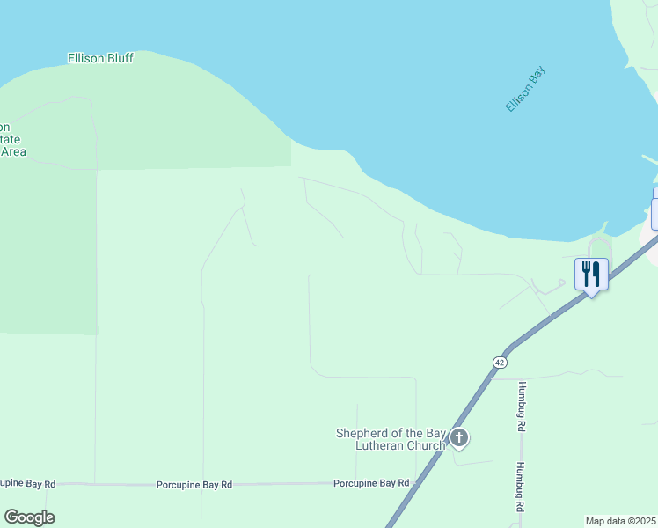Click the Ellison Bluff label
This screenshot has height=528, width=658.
coord(100,59)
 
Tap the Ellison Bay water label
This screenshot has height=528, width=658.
coord(525,92)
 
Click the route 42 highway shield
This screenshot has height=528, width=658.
coord(500,363)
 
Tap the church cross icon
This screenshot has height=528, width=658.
coord(458,436)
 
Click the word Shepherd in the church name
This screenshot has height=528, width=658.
coord(365,433)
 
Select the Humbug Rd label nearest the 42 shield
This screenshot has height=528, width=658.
coord(522,405)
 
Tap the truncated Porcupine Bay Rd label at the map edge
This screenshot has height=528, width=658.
coord(28,484)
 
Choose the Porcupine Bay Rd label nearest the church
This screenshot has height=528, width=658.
coord(371,483)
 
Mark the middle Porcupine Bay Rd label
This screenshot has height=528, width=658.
coord(194,485)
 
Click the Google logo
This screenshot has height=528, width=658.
coord(29,517)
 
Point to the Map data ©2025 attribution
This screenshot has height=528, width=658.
coord(620,521)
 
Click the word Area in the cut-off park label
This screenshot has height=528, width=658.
coord(13,151)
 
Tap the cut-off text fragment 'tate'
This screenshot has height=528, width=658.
coord(10,140)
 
